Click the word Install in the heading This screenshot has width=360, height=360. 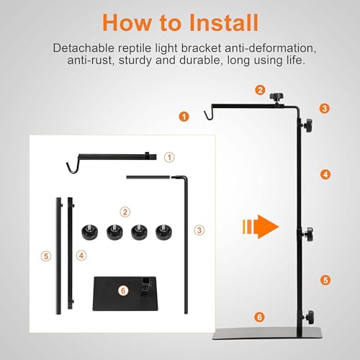(x=224, y=22)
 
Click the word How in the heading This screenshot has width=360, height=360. (x=127, y=22)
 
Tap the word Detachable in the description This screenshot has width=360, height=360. (x=84, y=48)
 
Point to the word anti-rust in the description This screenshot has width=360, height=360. (x=89, y=60)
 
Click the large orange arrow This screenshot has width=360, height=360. (x=261, y=227)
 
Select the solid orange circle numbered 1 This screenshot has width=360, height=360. (x=184, y=117)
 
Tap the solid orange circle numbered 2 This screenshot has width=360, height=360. (x=260, y=90)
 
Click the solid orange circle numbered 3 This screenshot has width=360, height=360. (x=325, y=109)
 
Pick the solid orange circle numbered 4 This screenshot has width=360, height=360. (x=325, y=174)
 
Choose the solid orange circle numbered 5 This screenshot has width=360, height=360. (x=325, y=280)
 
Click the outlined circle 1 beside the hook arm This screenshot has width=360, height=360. (x=169, y=158)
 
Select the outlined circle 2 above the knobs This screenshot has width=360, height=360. (x=125, y=212)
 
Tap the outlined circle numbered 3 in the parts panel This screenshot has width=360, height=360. (x=199, y=230)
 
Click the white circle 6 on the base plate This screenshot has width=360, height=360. (x=123, y=291)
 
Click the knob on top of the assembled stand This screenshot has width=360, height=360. (x=276, y=97)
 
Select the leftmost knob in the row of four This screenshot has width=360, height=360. (x=90, y=232)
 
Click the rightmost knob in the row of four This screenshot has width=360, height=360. (x=163, y=232)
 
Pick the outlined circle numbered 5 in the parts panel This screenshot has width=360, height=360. (x=46, y=256)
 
